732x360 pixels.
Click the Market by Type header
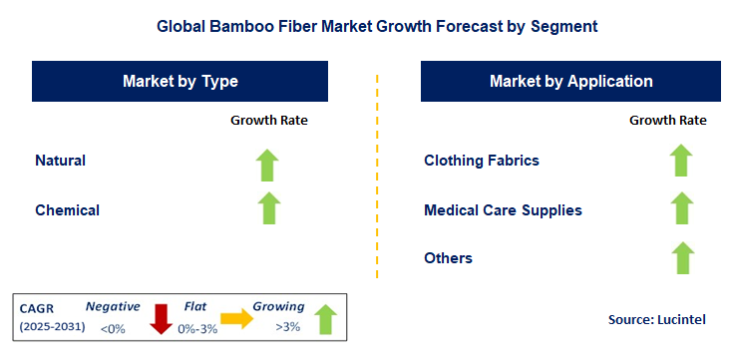(x=181, y=81)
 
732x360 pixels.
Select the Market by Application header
(x=570, y=81)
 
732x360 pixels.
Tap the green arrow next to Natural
(x=268, y=164)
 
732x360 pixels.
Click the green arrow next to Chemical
(x=268, y=209)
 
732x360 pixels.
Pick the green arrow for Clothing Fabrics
(x=681, y=161)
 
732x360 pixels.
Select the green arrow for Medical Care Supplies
(x=681, y=209)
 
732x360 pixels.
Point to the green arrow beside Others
(x=681, y=258)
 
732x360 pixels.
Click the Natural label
(x=60, y=160)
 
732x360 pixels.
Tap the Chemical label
(x=67, y=209)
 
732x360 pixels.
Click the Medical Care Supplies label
(x=503, y=209)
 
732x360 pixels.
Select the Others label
(x=448, y=258)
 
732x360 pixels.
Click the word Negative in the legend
(x=113, y=307)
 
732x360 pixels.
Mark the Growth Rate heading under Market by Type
(x=269, y=120)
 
